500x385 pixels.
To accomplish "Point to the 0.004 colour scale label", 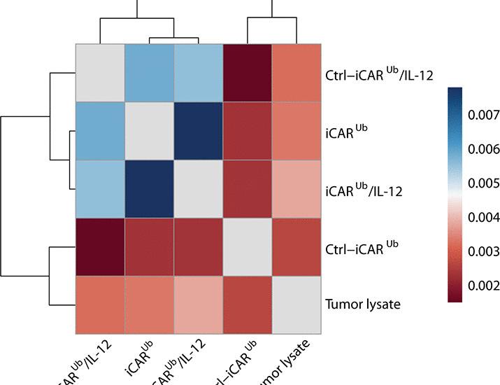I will [482, 217].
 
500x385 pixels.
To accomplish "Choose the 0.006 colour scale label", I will [482, 148].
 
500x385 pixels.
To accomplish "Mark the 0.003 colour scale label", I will [482, 251].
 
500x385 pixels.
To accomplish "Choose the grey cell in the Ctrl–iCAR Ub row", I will [248, 247].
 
